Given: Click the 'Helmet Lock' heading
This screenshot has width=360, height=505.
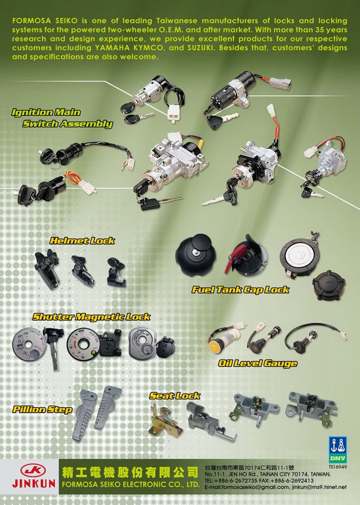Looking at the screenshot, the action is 82,241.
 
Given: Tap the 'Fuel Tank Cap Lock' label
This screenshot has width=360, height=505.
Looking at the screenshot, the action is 241,289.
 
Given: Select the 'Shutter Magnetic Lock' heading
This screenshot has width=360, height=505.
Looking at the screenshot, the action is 91,317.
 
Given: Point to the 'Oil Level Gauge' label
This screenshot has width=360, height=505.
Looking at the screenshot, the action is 257,364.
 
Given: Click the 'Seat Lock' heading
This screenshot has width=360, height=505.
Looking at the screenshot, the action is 175,396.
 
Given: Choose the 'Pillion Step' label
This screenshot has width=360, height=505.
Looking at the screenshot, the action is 42,410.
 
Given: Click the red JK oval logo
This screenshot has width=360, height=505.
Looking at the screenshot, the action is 33,471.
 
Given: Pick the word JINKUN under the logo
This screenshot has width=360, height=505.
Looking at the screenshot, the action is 34,483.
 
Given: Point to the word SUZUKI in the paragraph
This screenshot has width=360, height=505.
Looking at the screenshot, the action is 201,48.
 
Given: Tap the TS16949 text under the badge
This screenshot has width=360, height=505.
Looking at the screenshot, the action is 338,467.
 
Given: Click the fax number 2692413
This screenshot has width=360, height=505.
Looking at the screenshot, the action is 303,481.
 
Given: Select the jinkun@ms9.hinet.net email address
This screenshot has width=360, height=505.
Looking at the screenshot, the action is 319,487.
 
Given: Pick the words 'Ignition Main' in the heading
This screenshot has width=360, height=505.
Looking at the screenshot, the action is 46,113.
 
